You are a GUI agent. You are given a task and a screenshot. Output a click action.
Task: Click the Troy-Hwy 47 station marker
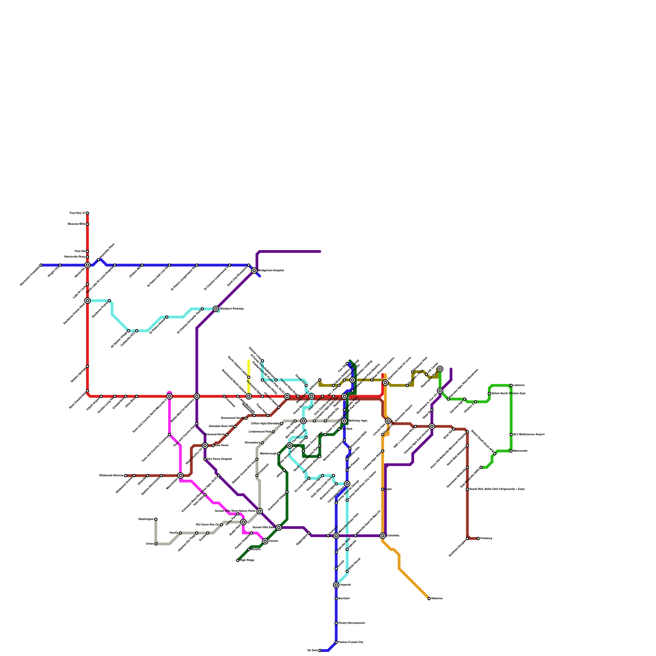(87, 213)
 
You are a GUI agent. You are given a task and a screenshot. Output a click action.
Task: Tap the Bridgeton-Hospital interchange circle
(254, 271)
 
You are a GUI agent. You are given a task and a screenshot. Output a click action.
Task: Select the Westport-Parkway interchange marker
(216, 309)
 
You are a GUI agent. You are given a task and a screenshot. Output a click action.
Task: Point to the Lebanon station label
(519, 385)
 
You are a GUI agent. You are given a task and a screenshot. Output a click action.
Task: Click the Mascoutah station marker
(511, 451)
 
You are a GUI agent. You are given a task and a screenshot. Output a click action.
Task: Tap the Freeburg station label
(486, 538)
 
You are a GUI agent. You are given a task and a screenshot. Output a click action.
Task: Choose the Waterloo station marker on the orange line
(429, 599)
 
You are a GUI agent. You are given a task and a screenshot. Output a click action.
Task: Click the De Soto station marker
(320, 650)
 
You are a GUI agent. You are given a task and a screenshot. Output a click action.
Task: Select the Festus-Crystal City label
(351, 642)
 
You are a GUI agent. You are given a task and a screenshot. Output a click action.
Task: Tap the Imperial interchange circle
(336, 585)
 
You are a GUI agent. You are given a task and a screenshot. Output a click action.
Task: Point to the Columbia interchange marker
(383, 536)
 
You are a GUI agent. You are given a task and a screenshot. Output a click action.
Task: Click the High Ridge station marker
(238, 560)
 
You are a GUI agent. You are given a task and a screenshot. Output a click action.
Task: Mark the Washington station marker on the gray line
(156, 519)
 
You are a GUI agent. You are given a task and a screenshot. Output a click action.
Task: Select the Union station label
(150, 544)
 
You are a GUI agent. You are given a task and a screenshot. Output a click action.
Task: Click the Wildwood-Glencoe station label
(112, 476)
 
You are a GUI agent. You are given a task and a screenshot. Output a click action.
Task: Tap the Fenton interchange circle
(265, 541)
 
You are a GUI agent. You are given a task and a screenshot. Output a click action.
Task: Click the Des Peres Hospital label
(219, 459)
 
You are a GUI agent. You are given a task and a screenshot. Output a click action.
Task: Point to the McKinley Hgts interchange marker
(344, 421)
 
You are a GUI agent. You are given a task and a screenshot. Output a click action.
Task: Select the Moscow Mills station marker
(87, 224)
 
